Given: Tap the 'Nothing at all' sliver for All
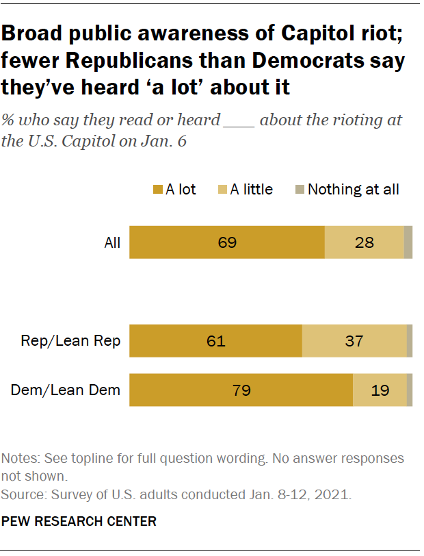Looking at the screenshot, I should pyautogui.click(x=408, y=242).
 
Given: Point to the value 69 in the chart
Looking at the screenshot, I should pyautogui.click(x=226, y=242).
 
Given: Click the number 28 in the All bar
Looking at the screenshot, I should pyautogui.click(x=365, y=242).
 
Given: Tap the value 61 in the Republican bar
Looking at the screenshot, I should pyautogui.click(x=216, y=341).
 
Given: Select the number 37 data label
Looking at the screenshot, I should pyautogui.click(x=354, y=341).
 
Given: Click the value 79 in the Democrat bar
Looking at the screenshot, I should pyautogui.click(x=241, y=391).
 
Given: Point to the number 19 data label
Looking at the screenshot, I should pyautogui.click(x=380, y=391).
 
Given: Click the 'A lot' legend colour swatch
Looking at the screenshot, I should pyautogui.click(x=158, y=190).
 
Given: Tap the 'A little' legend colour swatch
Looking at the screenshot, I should pyautogui.click(x=222, y=190).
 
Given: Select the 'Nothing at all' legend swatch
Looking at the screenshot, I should pyautogui.click(x=300, y=190).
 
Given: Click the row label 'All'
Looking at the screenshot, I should pyautogui.click(x=112, y=242).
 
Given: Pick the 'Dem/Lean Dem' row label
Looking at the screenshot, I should pyautogui.click(x=66, y=391).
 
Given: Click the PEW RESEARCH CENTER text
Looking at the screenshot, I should pyautogui.click(x=79, y=522).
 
